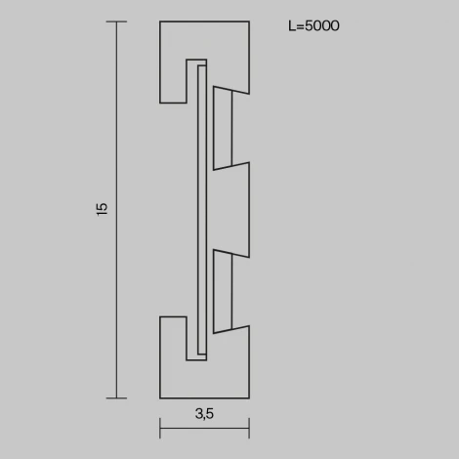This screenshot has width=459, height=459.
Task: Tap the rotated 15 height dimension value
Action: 102,209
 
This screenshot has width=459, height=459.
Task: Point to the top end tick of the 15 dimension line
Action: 116,21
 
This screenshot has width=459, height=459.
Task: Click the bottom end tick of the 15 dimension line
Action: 116,397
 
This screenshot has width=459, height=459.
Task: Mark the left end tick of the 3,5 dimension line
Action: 159,428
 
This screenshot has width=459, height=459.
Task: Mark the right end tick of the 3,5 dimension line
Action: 249,428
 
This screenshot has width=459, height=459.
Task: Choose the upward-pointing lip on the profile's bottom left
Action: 173,338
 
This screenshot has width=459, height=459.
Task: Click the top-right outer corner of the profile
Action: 249,21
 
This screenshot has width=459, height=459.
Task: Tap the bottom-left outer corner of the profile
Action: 159,397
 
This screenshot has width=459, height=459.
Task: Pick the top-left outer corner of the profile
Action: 159,21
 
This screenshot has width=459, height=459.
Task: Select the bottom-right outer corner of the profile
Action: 249,397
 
